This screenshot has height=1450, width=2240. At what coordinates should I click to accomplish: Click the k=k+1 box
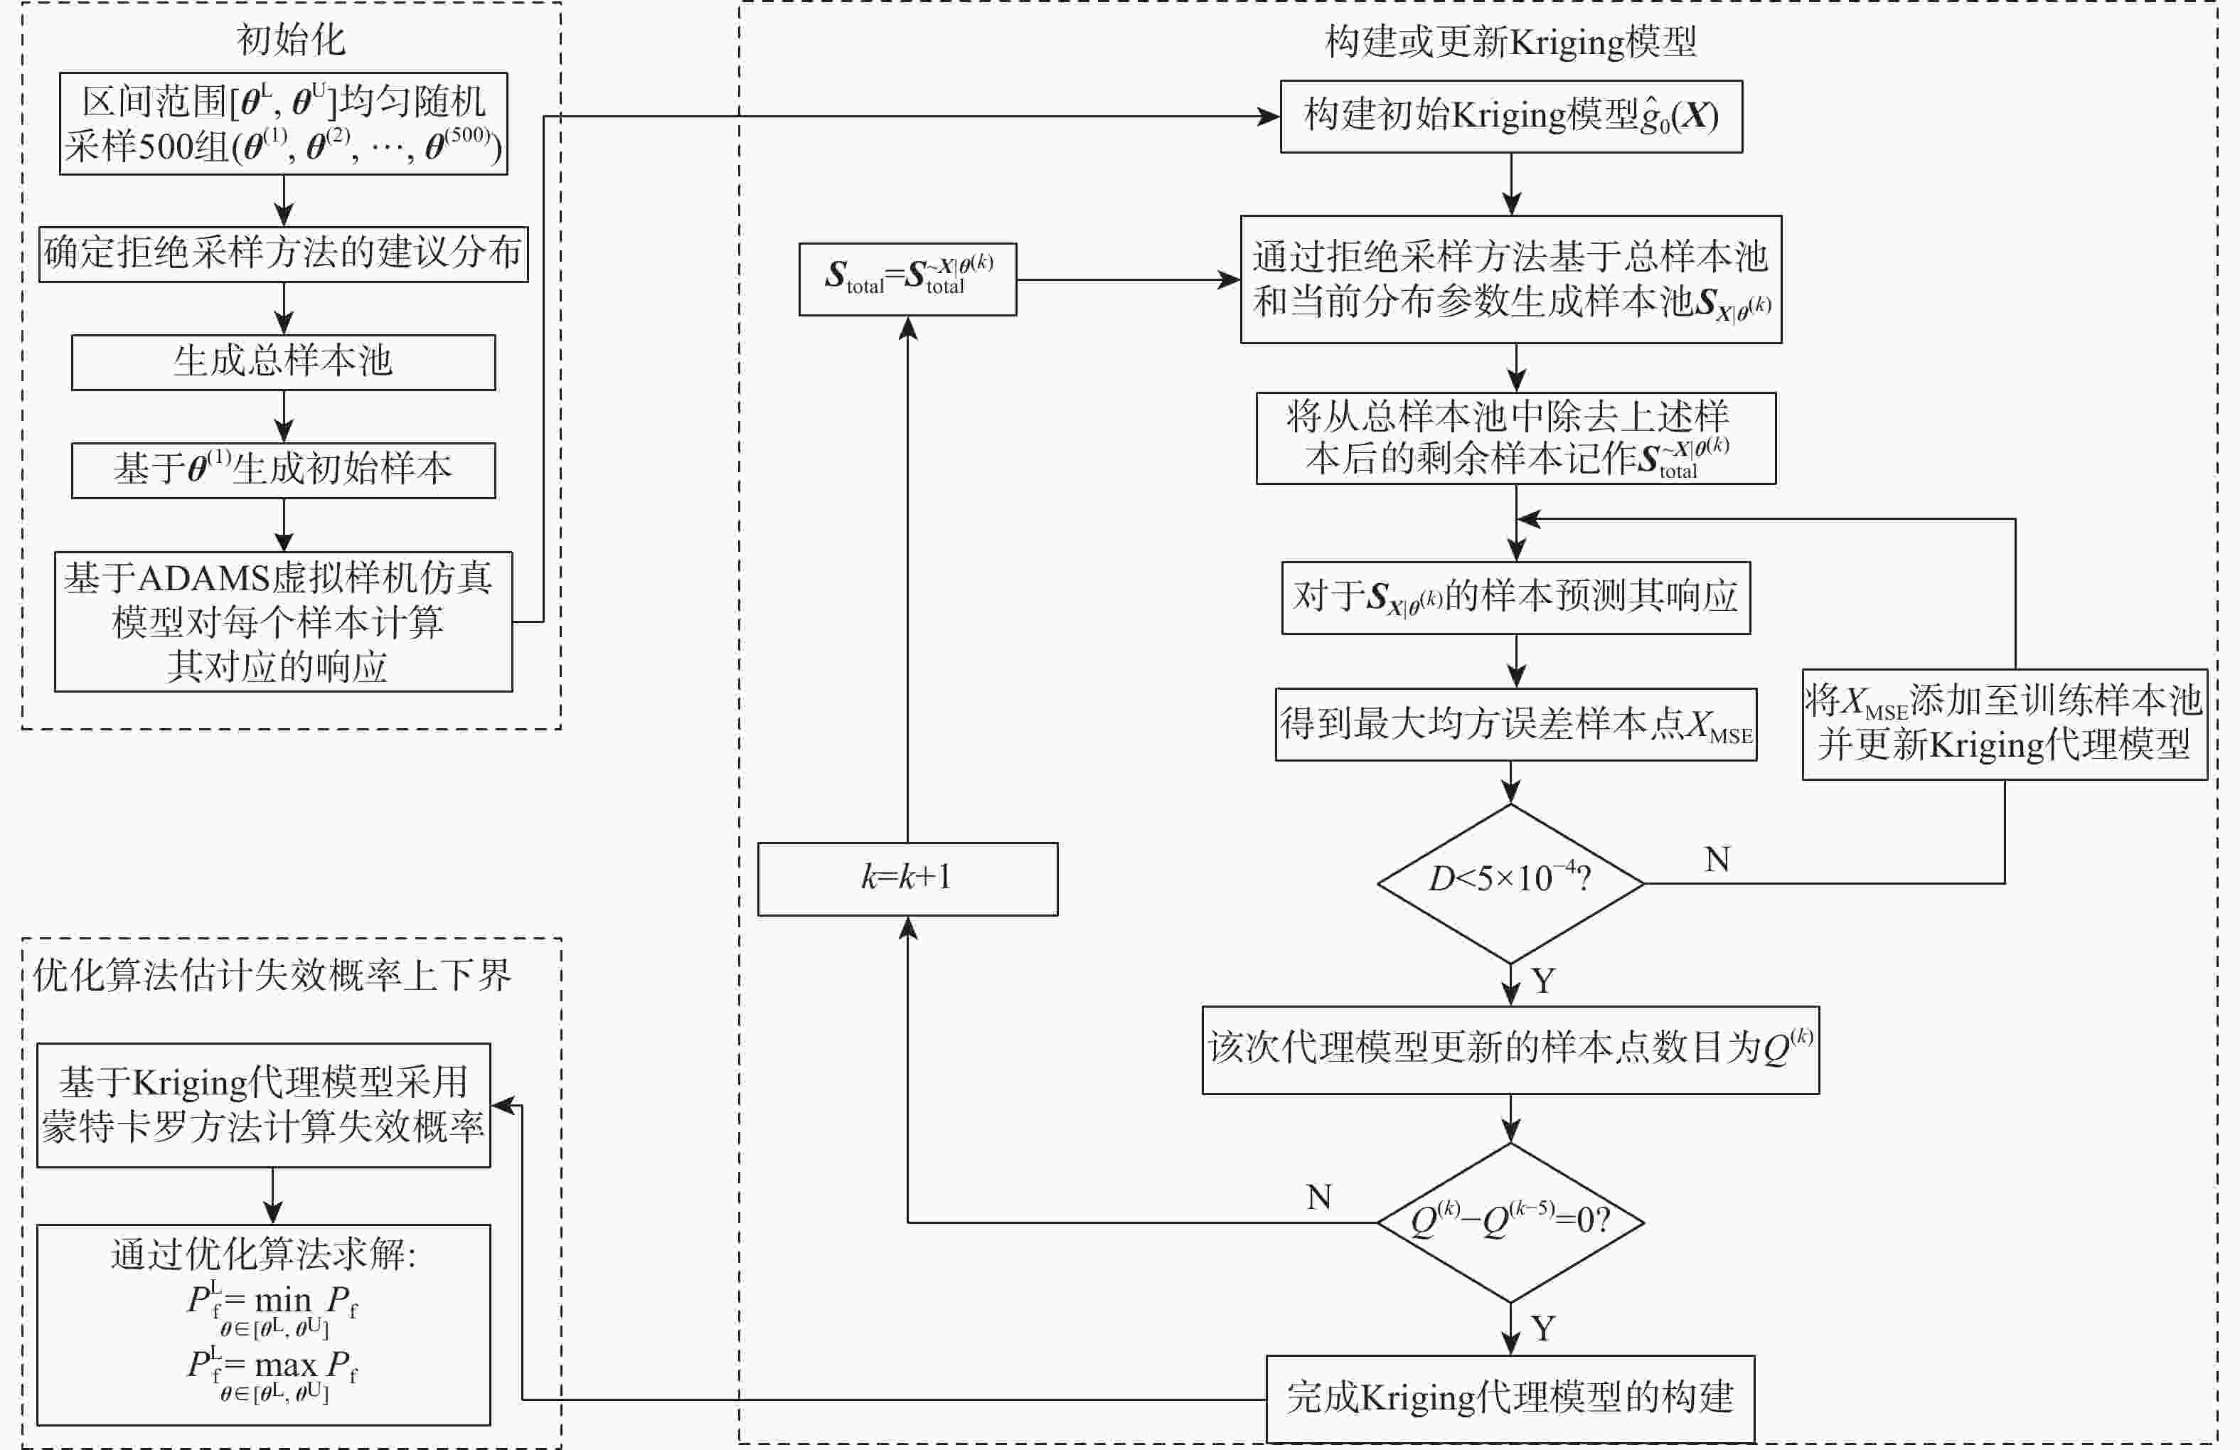[907, 878]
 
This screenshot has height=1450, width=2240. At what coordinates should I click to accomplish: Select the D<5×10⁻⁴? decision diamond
[1510, 882]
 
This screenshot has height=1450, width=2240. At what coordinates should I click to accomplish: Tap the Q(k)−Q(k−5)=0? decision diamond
[1510, 1221]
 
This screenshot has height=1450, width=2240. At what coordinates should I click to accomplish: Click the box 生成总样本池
[283, 362]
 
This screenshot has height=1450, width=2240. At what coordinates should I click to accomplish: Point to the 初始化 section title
[291, 41]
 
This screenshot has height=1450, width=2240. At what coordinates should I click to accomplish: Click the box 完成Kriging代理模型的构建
[1510, 1397]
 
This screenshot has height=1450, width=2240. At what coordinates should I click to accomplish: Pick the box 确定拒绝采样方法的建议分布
[283, 253]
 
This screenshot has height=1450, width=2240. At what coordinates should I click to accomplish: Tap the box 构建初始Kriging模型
[1510, 117]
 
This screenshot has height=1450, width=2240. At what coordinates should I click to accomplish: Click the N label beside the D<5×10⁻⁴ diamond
[1717, 859]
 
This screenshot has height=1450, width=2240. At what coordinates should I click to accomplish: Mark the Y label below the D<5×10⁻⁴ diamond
[1542, 981]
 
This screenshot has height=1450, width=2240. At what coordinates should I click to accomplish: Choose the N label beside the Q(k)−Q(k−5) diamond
[1318, 1198]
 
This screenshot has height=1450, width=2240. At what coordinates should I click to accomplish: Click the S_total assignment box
[907, 279]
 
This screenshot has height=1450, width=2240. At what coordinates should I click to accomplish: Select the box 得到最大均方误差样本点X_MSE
[1515, 725]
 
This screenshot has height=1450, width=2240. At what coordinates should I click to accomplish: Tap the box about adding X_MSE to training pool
[2004, 724]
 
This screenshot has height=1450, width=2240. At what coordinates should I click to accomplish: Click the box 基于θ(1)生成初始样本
[283, 469]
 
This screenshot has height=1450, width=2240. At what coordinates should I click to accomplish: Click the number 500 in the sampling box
[171, 146]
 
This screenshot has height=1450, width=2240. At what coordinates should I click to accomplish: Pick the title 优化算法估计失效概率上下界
[272, 976]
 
